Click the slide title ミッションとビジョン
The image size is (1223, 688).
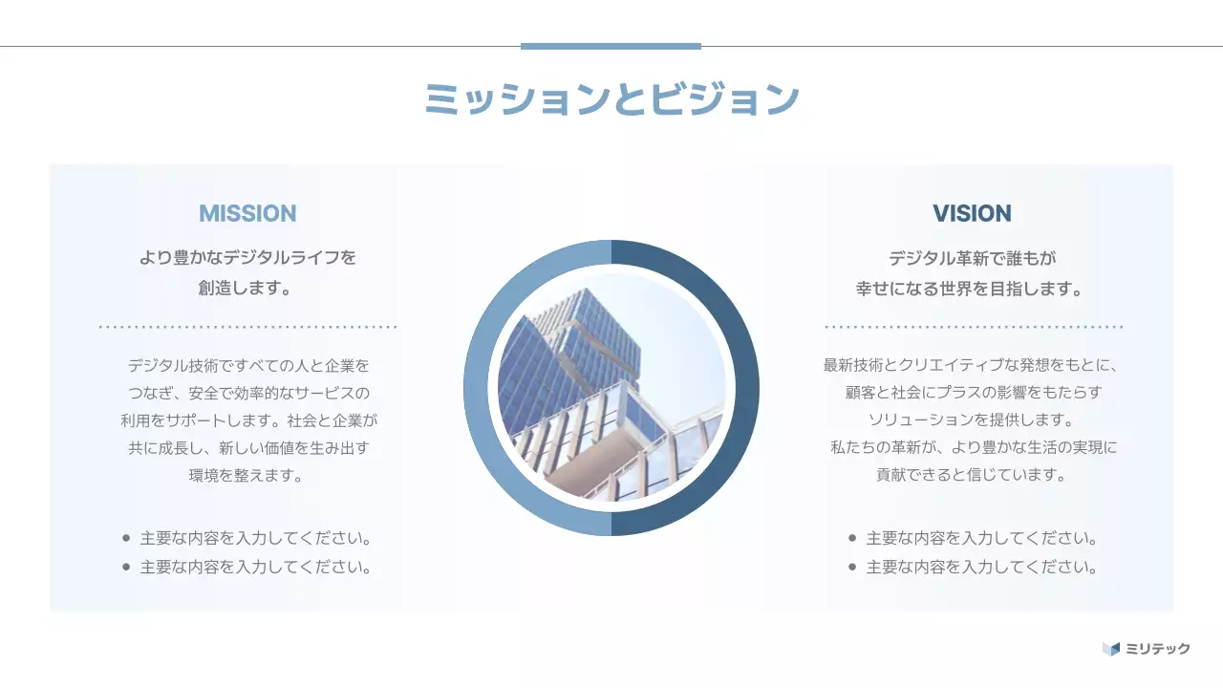coord(611,98)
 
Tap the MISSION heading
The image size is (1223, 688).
coord(247,213)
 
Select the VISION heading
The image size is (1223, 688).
coord(972,213)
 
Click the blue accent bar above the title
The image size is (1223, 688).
coord(611,46)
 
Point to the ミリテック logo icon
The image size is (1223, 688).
coord(1110,649)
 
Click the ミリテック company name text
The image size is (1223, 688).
coord(1158,649)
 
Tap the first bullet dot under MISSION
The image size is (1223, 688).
coord(126,538)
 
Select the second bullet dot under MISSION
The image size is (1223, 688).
coord(126,567)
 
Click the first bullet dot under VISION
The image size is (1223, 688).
coord(852,538)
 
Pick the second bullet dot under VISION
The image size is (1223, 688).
coord(852,567)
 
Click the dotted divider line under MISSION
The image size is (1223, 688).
coord(247,327)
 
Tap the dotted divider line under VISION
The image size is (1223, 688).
coord(973,327)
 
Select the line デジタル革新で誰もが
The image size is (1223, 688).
coord(972,258)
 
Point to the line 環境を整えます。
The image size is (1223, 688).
coord(247,475)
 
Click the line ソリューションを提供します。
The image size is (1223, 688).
coord(972,419)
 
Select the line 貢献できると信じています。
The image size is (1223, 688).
coord(972,474)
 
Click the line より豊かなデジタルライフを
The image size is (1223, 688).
coord(247,258)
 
